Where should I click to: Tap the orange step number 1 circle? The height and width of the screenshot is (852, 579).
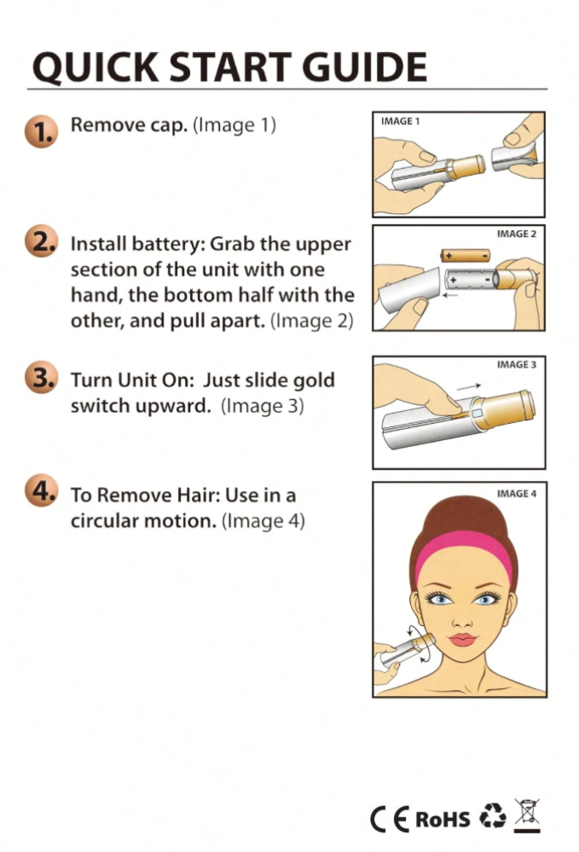(41, 131)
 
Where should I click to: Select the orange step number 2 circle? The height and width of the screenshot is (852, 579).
(41, 241)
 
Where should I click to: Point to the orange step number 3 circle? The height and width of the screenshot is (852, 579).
(41, 377)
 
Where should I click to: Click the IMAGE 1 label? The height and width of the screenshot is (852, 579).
(400, 121)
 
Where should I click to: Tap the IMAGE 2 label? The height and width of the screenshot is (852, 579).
(517, 234)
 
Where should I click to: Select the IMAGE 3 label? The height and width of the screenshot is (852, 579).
(517, 364)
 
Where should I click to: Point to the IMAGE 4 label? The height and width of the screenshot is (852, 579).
(517, 494)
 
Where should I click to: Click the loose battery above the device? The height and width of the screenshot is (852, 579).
(465, 255)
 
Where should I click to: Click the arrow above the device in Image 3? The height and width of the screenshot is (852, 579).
(468, 387)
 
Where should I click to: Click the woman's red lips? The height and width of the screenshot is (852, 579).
(462, 639)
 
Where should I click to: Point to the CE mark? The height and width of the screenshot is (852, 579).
(390, 820)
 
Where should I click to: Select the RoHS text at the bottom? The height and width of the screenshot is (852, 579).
(443, 820)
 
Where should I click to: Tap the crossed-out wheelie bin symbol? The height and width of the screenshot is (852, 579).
(527, 815)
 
